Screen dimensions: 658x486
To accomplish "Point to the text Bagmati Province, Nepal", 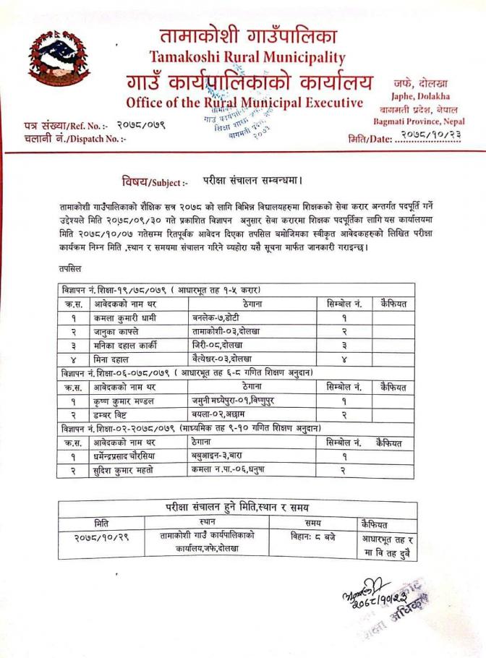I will [x=419, y=121].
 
